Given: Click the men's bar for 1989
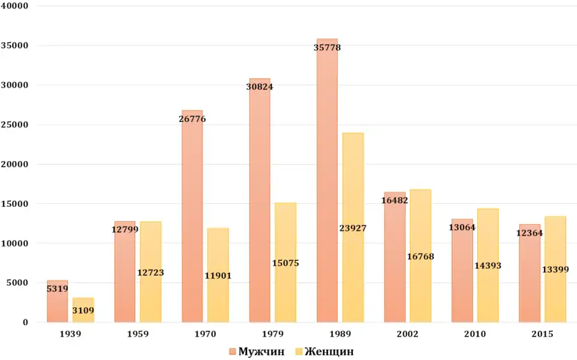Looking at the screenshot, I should (x=327, y=180).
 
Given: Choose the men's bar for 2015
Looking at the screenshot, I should (x=530, y=276).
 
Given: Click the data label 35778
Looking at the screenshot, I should (x=327, y=47).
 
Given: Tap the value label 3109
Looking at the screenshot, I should (x=83, y=311).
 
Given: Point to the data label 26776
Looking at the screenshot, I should (x=192, y=119).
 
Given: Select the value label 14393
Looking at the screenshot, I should (x=487, y=266).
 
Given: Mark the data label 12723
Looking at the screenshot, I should (x=150, y=273).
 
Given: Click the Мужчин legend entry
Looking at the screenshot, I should (x=257, y=352).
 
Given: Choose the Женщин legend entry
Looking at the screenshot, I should (x=324, y=352).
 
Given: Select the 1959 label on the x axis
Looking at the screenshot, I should (x=138, y=334).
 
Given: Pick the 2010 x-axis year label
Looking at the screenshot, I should (x=475, y=334).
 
